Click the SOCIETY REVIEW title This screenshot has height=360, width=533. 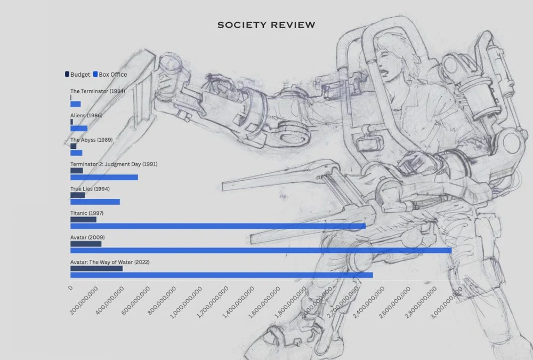[x=266, y=25]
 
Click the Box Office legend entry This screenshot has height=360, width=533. [x=110, y=75]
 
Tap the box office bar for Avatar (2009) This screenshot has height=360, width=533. [x=261, y=250]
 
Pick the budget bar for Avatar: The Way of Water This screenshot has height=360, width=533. [x=96, y=268]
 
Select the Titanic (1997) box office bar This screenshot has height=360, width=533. [x=218, y=226]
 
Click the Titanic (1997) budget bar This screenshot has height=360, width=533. [x=83, y=219]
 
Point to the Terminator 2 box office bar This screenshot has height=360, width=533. [x=104, y=177]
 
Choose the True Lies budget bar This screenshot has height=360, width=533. [x=77, y=195]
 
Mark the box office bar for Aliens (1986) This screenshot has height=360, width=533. [x=79, y=129]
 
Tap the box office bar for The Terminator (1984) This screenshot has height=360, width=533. [x=75, y=104]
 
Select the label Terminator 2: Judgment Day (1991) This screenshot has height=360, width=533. [x=114, y=164]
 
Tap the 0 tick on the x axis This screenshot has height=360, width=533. [x=70, y=288]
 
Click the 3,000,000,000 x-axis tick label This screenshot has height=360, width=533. [x=448, y=303]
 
